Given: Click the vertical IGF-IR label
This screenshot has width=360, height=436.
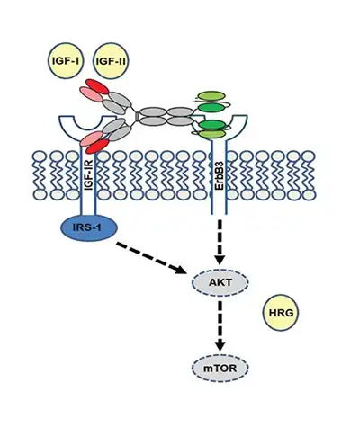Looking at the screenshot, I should pos(88,170).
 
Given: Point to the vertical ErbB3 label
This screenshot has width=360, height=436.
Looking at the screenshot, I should pos(216,170).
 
